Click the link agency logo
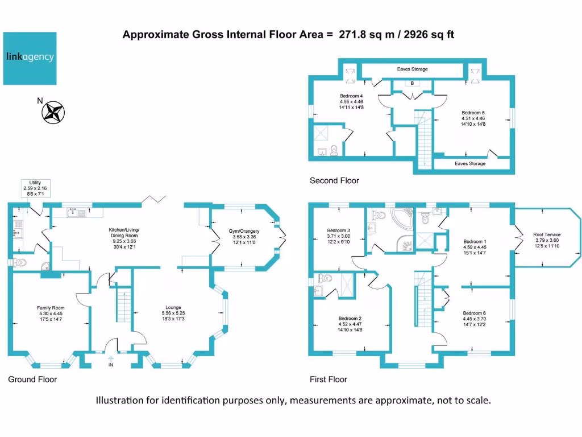(30, 58)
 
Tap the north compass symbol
(54, 112)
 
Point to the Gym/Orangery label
(244, 231)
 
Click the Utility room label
(32, 183)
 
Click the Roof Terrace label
(547, 234)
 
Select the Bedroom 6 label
(474, 313)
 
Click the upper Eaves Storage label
(412, 69)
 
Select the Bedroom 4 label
(351, 96)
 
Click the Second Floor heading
(334, 180)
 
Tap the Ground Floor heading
(32, 379)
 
